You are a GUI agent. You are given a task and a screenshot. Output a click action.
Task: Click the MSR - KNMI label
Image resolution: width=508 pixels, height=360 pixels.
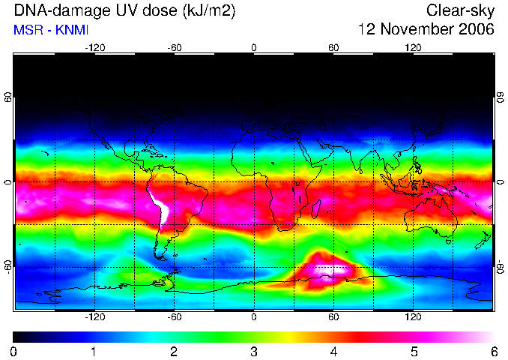[51, 30]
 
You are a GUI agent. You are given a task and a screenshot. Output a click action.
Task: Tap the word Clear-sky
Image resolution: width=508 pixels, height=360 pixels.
[460, 11]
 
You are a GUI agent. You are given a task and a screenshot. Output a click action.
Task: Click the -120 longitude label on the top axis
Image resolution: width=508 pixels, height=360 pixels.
[95, 48]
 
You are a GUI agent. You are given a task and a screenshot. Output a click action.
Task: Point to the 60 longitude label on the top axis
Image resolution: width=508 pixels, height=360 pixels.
[333, 48]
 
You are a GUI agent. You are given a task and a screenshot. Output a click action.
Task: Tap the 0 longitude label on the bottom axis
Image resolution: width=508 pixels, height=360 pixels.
[254, 316]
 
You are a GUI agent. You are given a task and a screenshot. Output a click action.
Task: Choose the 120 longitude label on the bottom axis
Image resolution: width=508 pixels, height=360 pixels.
[413, 316]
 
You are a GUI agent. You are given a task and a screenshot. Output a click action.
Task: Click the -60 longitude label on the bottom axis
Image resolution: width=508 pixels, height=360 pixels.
[175, 316]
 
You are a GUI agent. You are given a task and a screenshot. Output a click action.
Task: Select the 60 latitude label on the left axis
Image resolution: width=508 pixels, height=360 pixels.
[8, 97]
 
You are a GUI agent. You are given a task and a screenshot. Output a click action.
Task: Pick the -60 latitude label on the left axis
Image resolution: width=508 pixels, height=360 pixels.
[8, 266]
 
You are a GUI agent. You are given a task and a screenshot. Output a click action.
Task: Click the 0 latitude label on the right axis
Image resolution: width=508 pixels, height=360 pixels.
[501, 181]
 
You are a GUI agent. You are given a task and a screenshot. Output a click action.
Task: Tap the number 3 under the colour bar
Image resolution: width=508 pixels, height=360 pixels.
[254, 352]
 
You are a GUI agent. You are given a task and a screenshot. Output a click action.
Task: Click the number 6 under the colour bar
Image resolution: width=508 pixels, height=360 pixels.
[494, 352]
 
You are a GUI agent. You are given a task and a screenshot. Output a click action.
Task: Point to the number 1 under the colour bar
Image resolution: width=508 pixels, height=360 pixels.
[94, 352]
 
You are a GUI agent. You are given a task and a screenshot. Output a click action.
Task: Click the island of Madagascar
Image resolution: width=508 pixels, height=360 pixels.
[316, 208]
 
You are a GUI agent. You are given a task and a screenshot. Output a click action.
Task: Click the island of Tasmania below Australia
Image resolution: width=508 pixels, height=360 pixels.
[448, 241]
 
